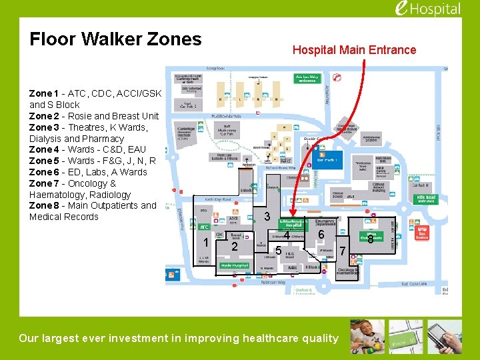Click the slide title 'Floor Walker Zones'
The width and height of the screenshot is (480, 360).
pyautogui.click(x=115, y=39)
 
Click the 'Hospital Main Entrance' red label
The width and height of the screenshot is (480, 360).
pyautogui.click(x=354, y=50)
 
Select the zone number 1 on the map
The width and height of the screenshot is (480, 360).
pyautogui.click(x=207, y=242)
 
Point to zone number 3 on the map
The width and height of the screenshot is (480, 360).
pyautogui.click(x=267, y=217)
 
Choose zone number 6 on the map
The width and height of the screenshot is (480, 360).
pyautogui.click(x=321, y=235)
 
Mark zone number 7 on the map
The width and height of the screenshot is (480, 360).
pyautogui.click(x=343, y=251)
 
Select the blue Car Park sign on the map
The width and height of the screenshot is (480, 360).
pyautogui.click(x=327, y=160)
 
